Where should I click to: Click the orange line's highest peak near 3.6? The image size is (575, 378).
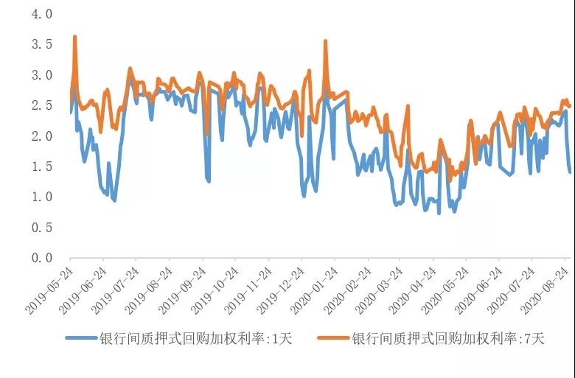[x=74, y=37]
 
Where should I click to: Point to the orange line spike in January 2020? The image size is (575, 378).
[x=325, y=41]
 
